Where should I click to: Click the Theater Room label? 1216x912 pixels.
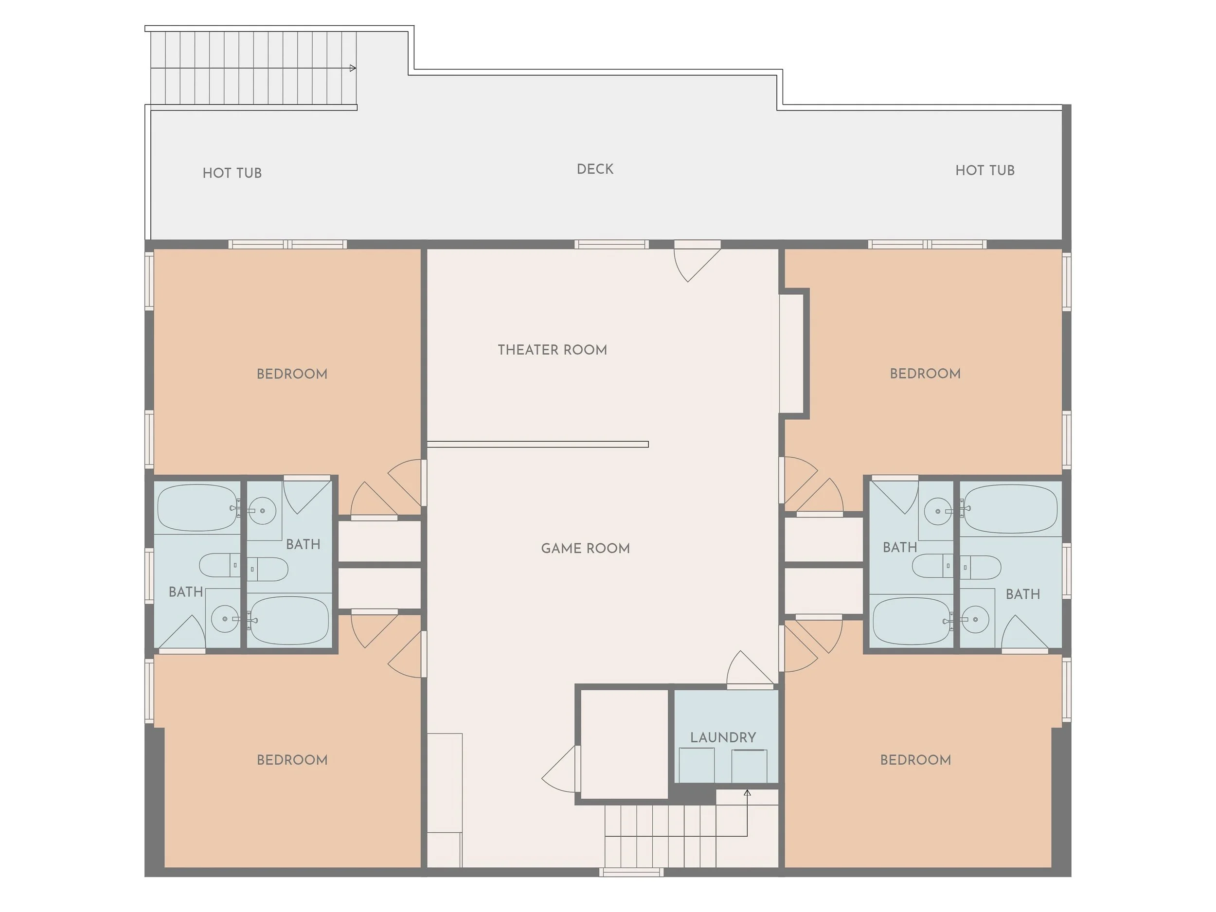(x=552, y=350)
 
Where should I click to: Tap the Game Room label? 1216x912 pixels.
(x=585, y=548)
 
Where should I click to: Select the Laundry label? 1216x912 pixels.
(x=723, y=737)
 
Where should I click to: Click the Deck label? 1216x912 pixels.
(x=595, y=169)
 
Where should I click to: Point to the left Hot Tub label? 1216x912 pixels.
(x=232, y=173)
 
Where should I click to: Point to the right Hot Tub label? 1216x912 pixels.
(x=984, y=170)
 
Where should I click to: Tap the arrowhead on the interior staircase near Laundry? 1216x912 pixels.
(x=747, y=792)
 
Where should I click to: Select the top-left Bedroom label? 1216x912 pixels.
(x=292, y=374)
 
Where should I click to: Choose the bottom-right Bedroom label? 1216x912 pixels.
(x=915, y=760)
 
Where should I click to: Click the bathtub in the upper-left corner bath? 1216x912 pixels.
(x=197, y=508)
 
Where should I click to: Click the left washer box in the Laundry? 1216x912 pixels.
(x=697, y=765)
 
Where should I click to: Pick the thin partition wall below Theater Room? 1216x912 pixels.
(x=537, y=444)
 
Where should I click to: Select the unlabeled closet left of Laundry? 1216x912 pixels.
(x=624, y=744)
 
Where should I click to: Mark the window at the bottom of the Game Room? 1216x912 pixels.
(x=631, y=872)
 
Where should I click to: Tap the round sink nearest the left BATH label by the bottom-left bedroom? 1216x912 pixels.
(x=225, y=619)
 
